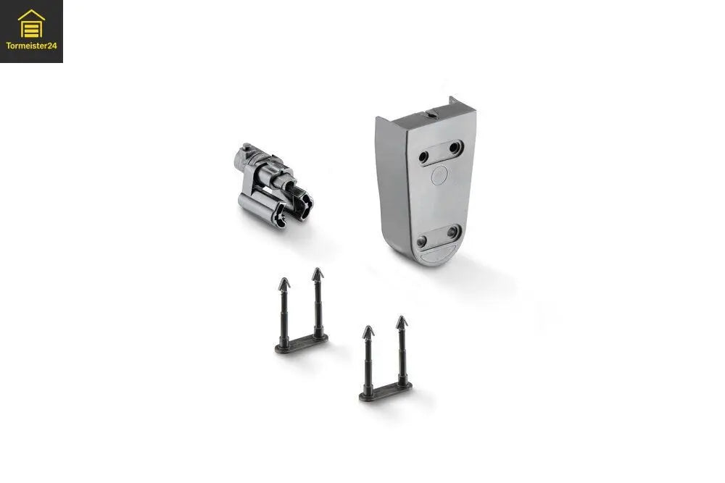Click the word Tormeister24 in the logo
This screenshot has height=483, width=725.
coord(31,46)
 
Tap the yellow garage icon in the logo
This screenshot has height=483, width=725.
coord(31,24)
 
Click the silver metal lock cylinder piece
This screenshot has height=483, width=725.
coord(273,187)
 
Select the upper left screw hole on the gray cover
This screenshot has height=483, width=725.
coord(423,157)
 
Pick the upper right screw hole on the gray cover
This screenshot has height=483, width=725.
coord(455,148)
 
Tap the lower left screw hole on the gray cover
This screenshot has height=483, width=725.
coord(421,240)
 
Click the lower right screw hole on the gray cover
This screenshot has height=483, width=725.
coord(452,231)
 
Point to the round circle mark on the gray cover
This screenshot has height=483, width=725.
coord(439,175)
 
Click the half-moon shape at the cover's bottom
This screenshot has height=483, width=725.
coord(440,254)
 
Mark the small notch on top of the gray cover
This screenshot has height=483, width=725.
coord(431,113)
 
